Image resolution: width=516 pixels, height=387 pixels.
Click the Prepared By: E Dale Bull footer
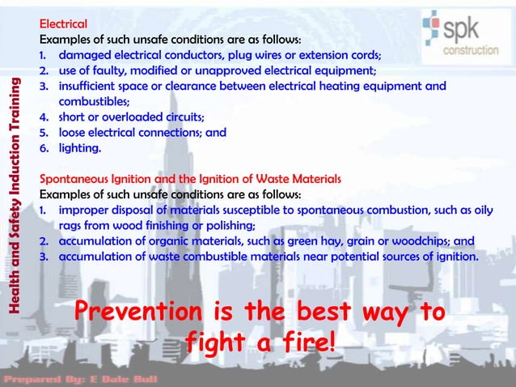(x=81, y=378)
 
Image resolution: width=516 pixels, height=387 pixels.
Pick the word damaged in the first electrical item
(x=85, y=55)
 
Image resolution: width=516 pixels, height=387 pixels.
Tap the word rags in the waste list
(x=72, y=225)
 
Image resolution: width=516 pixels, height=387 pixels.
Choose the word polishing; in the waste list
(x=227, y=225)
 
